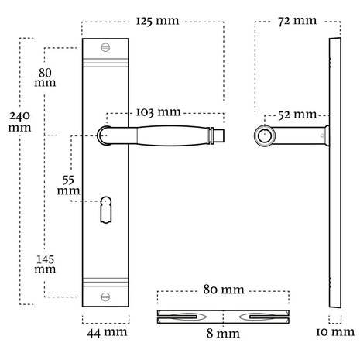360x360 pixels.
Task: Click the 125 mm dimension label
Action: click(157, 21)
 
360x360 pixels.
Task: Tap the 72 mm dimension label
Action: click(297, 21)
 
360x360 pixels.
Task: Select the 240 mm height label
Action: click(19, 122)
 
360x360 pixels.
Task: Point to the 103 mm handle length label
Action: click(158, 112)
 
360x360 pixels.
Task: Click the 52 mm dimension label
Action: click(297, 115)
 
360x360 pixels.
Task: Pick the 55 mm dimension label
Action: click(68, 185)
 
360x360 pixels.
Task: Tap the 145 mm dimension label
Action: click(45, 264)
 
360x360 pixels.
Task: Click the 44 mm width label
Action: click(107, 332)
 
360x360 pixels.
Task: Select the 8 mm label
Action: click(223, 333)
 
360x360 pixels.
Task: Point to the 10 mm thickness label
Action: click(335, 332)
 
